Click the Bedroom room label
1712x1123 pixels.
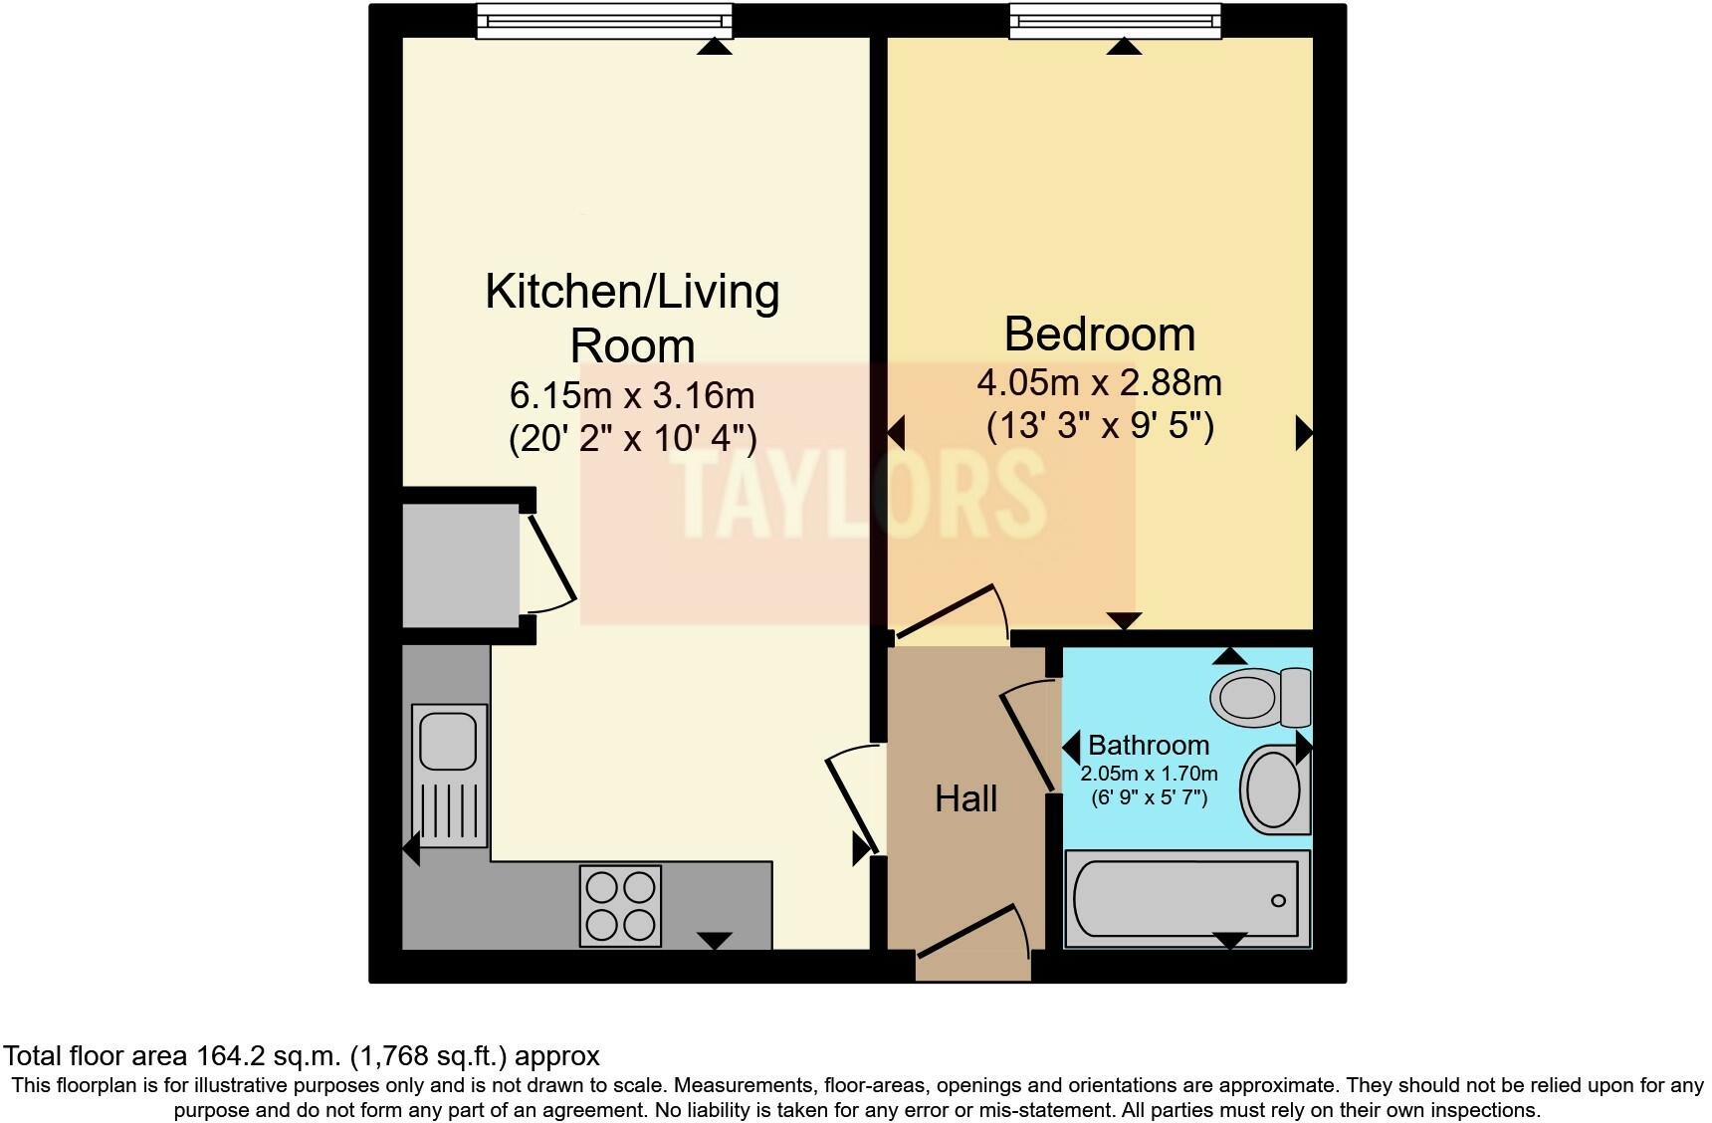click(1099, 334)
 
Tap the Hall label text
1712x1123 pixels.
click(965, 798)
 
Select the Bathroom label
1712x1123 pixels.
click(1148, 745)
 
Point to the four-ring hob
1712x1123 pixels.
click(621, 906)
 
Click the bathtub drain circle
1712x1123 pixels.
click(1278, 901)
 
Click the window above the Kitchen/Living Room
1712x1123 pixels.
click(603, 21)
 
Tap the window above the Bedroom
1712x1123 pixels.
click(1115, 21)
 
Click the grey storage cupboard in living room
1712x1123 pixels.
click(460, 565)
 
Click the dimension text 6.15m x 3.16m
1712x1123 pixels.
click(632, 396)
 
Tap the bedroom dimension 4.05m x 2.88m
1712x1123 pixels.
click(1099, 383)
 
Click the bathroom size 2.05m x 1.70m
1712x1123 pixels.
click(1149, 774)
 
